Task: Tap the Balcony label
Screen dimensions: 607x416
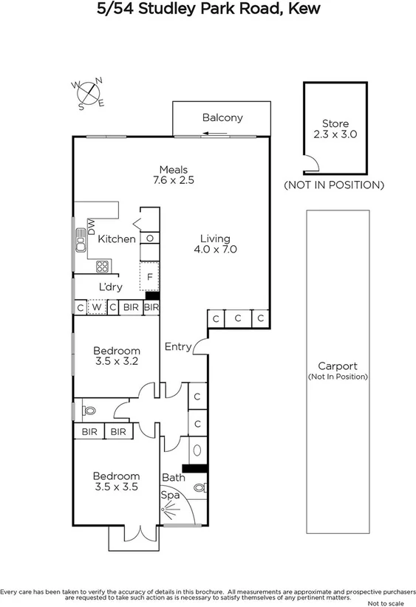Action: [222, 118]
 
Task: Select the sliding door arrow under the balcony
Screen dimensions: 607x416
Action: [216, 134]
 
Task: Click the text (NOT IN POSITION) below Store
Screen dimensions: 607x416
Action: [335, 185]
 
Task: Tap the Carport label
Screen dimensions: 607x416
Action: [338, 366]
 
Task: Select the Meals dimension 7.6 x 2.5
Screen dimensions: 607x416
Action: [174, 179]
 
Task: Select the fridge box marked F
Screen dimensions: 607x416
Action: [150, 277]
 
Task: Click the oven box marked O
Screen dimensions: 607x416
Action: [150, 239]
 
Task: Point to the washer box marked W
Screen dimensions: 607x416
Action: [97, 307]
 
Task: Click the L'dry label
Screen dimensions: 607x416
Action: [110, 287]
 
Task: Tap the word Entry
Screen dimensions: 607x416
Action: [178, 346]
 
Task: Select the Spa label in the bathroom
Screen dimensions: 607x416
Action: [171, 493]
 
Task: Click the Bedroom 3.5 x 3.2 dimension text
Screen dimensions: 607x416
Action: [116, 361]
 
